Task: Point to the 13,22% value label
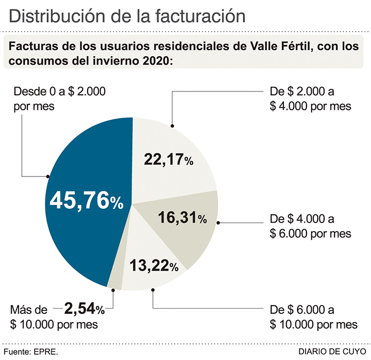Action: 153,265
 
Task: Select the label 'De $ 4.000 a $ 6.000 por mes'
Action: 310,226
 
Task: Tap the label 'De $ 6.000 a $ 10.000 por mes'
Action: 313,317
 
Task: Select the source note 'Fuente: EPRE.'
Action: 30,351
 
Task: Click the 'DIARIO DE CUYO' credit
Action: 333,351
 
